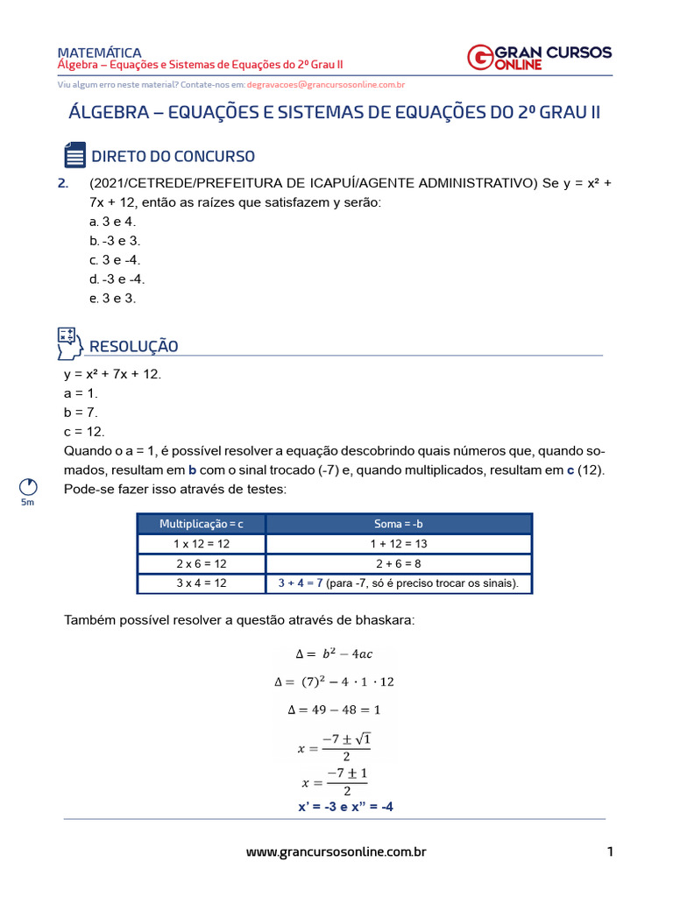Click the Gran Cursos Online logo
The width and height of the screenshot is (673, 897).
[x=539, y=57]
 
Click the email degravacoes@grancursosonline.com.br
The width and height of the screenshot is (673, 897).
[x=325, y=85]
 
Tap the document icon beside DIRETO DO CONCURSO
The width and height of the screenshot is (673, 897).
[x=74, y=155]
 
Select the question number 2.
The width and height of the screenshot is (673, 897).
[x=62, y=183]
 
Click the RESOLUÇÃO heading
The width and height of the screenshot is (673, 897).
[x=134, y=346]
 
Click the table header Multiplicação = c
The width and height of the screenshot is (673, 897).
[x=202, y=524]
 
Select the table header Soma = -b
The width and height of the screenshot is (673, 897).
[x=399, y=524]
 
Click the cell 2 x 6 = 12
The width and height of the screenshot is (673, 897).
[x=202, y=563]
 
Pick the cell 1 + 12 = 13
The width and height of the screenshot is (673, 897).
[x=399, y=544]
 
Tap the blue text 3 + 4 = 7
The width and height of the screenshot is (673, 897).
[x=301, y=583]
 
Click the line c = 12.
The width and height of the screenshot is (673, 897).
[x=84, y=431]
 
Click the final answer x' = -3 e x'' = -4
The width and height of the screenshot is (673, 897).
[x=345, y=806]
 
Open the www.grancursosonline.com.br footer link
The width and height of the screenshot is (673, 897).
[x=336, y=851]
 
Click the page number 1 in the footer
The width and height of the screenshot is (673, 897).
[x=609, y=851]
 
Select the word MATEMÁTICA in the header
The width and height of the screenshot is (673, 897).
[x=99, y=53]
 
